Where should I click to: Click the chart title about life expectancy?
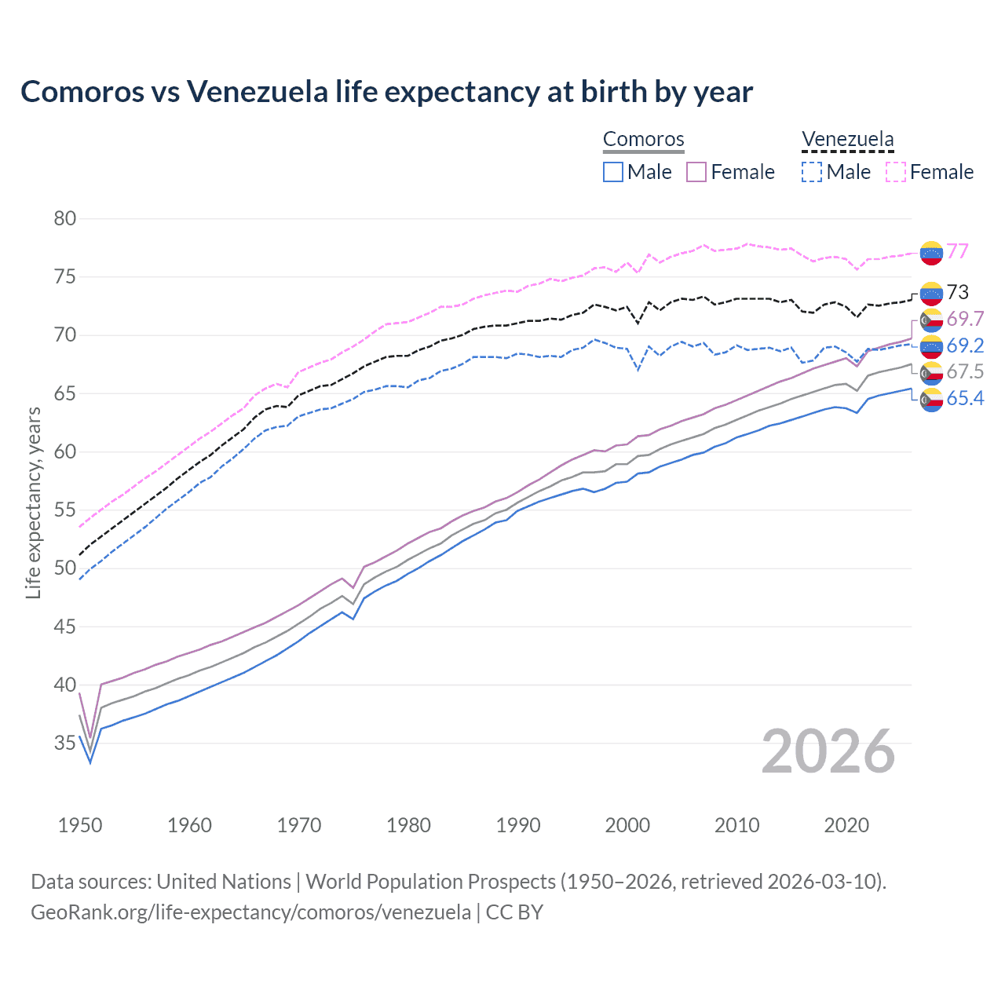coord(386,92)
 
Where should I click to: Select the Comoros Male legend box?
coord(613,172)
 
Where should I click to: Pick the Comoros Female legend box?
coord(696,172)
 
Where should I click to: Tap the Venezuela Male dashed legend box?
coord(812,172)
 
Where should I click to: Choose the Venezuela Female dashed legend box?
coord(896,172)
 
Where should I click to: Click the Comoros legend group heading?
coord(644,140)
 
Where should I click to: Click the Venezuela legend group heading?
coord(847,140)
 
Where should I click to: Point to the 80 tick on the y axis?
coord(65,218)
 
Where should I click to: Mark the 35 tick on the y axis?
coord(65,743)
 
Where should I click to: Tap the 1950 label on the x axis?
coord(80,825)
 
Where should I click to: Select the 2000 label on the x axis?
coord(627,825)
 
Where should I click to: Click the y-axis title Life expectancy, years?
coord(33,502)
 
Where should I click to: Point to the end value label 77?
coord(957,251)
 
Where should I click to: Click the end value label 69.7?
coord(965,319)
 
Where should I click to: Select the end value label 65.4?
coord(965,399)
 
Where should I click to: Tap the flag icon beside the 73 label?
coord(931,293)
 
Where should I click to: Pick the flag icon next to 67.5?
coord(931,372)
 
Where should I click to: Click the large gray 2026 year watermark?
coord(828,751)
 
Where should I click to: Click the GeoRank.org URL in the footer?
coord(250,912)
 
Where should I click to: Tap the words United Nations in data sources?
coord(224,882)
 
